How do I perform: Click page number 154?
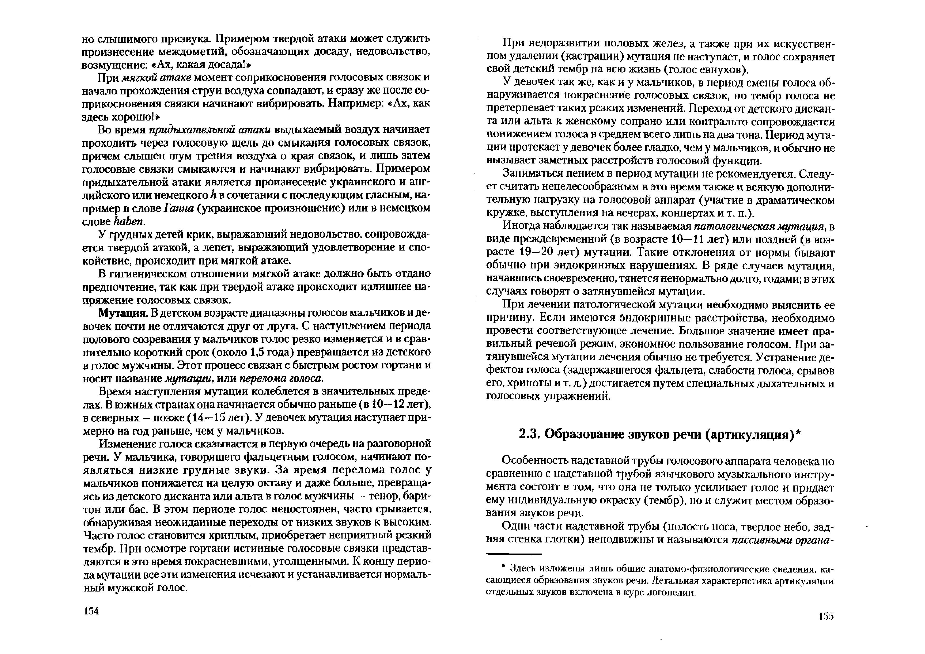coord(91,611)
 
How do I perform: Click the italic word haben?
coord(129,222)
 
